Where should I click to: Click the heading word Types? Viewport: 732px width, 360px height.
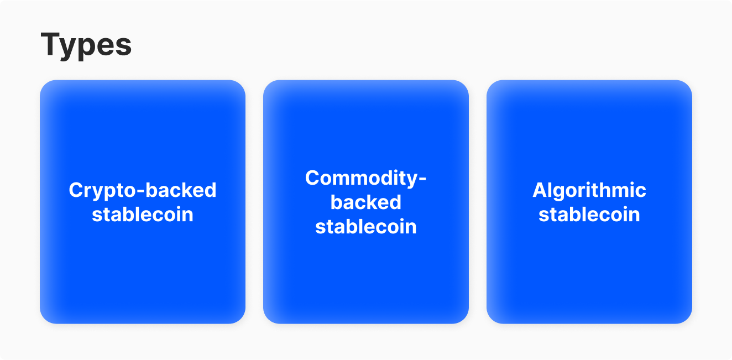point(86,44)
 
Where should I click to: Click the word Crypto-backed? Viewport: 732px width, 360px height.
point(143,190)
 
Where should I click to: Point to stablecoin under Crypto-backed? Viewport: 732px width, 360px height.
point(143,215)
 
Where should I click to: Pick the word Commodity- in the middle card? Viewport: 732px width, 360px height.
point(366,178)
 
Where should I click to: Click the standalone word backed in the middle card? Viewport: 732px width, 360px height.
point(366,202)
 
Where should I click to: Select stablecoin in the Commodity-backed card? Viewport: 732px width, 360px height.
point(366,227)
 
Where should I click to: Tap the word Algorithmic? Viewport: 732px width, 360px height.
point(589,190)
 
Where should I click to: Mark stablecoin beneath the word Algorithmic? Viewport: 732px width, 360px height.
point(589,215)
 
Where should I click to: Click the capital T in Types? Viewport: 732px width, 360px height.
point(51,44)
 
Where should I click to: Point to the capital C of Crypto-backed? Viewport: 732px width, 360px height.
point(76,190)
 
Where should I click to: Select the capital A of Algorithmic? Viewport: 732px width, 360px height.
point(540,190)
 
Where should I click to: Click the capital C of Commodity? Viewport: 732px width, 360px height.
point(312,178)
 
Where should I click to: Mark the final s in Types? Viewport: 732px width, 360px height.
point(124,46)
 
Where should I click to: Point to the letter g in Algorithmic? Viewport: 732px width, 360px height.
point(559,192)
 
